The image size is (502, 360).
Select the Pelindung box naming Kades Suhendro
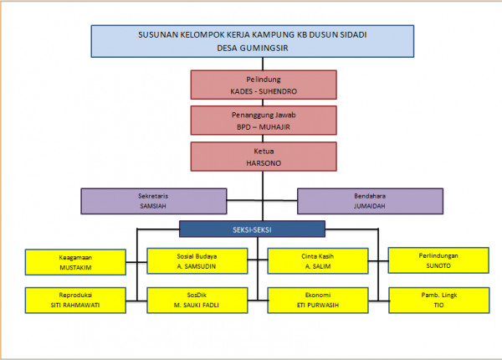click(x=263, y=85)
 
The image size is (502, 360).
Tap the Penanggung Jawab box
click(x=263, y=121)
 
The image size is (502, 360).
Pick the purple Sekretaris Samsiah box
click(x=154, y=201)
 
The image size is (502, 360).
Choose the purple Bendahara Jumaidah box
click(x=369, y=201)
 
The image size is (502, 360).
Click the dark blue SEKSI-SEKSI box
click(x=252, y=229)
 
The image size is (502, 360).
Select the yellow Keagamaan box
click(x=76, y=262)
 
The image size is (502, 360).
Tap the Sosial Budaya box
click(x=197, y=261)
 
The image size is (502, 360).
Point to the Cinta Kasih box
click(x=318, y=261)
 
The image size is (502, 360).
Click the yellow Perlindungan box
click(x=438, y=261)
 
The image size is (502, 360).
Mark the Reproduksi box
click(x=76, y=301)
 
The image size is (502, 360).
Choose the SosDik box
click(x=197, y=301)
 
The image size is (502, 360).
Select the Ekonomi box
click(x=318, y=301)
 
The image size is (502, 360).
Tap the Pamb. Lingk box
click(x=438, y=301)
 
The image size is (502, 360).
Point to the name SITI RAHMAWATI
click(x=76, y=306)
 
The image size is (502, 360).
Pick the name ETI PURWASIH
click(x=318, y=306)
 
